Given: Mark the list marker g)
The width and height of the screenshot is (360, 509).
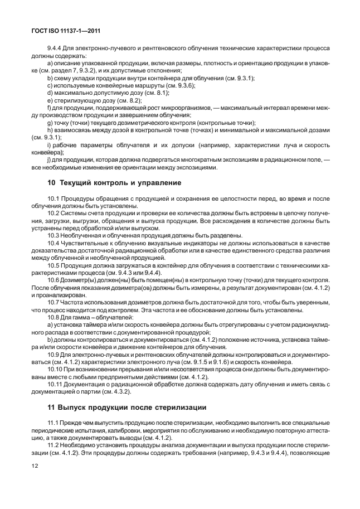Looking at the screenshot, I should tap(50, 123).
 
